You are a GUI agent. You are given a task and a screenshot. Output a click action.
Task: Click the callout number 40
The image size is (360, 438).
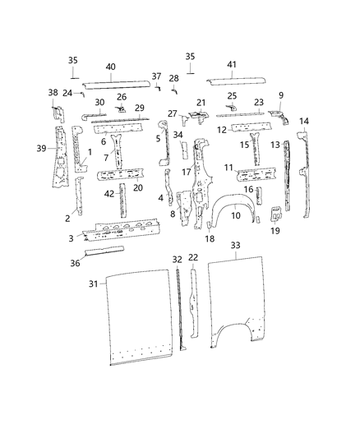coord(110,67)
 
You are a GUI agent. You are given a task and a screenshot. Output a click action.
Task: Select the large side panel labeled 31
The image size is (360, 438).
coord(136,320)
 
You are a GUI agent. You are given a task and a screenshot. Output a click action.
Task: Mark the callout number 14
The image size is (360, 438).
coord(303,122)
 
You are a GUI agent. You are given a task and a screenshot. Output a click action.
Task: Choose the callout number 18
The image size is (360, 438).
coord(210,239)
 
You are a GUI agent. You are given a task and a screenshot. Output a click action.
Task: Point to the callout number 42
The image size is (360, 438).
coord(109,193)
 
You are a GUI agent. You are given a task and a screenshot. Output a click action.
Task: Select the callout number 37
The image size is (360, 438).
coord(156,76)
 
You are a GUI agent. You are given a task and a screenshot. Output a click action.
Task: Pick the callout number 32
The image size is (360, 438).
coord(176,259)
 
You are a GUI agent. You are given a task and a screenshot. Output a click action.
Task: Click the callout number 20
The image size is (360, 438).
coord(137,187)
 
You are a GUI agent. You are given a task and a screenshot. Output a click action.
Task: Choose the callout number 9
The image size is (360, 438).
coord(280,95)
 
